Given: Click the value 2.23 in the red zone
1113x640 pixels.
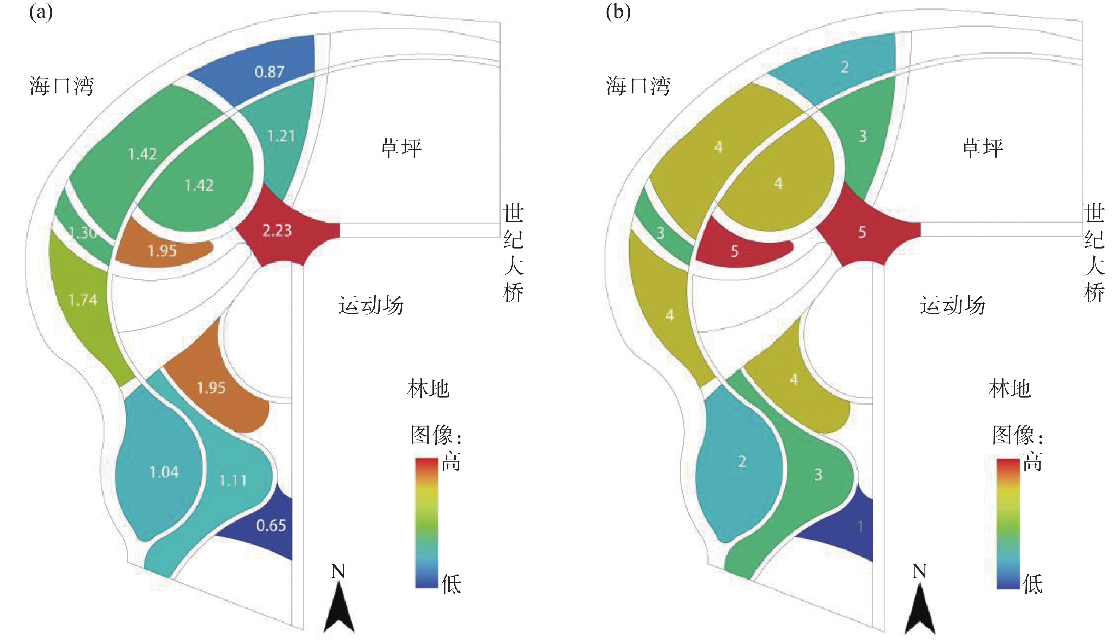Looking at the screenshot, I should [277, 230].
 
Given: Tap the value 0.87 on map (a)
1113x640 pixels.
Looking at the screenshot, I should [269, 72].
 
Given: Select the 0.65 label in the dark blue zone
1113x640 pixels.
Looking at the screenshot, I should [271, 525].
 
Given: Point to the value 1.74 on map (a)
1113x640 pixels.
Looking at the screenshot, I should [83, 300].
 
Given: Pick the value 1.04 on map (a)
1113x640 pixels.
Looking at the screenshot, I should [164, 472].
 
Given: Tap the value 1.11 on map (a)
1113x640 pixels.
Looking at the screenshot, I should [232, 480].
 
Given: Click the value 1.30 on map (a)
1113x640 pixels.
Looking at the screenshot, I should [83, 232].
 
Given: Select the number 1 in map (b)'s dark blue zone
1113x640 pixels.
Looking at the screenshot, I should [860, 526].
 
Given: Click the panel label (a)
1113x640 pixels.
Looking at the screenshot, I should [41, 12].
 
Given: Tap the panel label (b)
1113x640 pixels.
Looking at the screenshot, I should [618, 12].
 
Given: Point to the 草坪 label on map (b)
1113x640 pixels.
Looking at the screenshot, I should [982, 148].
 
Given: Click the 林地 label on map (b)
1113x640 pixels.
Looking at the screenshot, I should [1009, 389].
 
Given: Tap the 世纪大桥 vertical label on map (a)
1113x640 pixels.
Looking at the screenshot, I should [513, 252].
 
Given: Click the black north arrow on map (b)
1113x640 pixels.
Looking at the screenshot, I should [920, 611].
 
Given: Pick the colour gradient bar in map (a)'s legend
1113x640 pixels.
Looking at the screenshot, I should [426, 523].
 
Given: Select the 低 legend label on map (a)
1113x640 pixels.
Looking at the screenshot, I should [451, 584].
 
